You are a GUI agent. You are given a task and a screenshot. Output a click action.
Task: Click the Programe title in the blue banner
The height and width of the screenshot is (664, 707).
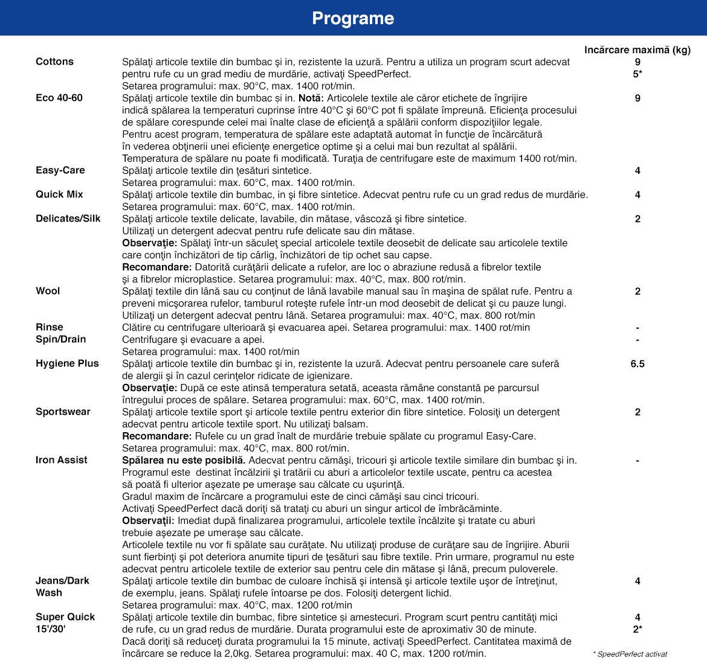(353, 18)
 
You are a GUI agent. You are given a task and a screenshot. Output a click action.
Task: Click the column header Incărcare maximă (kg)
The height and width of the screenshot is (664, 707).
(637, 49)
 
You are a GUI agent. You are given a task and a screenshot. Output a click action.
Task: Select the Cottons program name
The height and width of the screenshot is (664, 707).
(54, 62)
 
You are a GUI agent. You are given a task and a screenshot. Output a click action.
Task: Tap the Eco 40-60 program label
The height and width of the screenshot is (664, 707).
(59, 98)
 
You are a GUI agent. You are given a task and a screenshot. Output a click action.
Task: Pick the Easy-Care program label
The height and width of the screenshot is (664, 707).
(60, 170)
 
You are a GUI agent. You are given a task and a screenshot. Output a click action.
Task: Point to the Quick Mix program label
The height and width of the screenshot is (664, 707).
(59, 194)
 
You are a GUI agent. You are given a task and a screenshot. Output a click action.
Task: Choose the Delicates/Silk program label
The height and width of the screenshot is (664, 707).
(68, 219)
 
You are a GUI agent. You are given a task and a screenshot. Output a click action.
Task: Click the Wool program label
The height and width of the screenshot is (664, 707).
(48, 291)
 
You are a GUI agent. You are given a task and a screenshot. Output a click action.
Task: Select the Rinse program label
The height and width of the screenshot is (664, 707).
(50, 327)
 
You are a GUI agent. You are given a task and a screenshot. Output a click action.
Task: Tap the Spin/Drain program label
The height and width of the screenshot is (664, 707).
(60, 339)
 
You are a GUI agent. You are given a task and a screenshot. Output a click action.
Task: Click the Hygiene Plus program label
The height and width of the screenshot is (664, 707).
(67, 363)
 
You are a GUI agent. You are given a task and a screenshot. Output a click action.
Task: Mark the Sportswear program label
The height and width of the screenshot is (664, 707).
(63, 412)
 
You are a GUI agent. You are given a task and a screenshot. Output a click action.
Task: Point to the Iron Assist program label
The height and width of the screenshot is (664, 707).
(61, 460)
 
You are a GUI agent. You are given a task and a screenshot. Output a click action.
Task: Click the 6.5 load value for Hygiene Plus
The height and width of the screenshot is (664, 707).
(638, 363)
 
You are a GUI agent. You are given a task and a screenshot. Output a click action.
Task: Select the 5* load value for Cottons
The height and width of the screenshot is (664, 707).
(638, 74)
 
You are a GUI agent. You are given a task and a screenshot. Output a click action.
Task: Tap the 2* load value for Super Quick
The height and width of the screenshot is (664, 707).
(638, 629)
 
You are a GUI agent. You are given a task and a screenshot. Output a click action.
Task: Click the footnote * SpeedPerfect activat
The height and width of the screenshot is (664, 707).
(630, 654)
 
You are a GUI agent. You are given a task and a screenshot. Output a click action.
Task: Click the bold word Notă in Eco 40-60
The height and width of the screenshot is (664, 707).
(311, 98)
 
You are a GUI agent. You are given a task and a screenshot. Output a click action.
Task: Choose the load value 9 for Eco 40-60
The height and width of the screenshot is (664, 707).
(638, 98)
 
